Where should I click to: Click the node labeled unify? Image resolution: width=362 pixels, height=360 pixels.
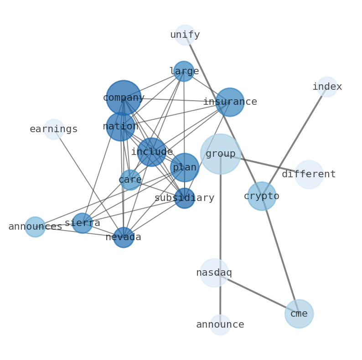[x=185, y=35]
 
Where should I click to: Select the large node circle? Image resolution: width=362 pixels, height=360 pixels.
[x=184, y=71]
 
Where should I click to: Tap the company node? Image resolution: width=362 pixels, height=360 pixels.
[x=124, y=98]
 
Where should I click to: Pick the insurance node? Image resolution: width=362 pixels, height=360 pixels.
[x=230, y=102]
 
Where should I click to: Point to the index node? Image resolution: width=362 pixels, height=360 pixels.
[x=327, y=87]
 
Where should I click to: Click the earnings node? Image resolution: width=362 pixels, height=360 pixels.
[x=54, y=129]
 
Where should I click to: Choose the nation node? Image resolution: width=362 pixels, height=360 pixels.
[x=120, y=126]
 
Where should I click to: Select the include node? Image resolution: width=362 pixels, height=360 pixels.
[x=152, y=152]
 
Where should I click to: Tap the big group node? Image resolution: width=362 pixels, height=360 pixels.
[x=221, y=154]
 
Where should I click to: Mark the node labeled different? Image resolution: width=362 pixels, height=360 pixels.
[x=309, y=174]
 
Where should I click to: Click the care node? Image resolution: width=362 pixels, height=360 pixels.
[x=130, y=180]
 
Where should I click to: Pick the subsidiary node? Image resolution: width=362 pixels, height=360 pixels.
[x=185, y=198]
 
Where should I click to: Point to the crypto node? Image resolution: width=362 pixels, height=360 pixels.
[x=262, y=196]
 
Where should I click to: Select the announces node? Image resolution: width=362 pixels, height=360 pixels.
[x=35, y=226]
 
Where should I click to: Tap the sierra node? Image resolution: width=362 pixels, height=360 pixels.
[x=83, y=223]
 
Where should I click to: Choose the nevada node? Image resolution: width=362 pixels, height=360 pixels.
[x=124, y=237]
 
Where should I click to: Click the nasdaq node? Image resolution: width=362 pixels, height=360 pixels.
[x=214, y=273]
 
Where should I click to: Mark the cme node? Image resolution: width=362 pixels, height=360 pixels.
[x=299, y=314]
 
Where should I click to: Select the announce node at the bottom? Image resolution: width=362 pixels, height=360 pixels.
[x=220, y=324]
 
